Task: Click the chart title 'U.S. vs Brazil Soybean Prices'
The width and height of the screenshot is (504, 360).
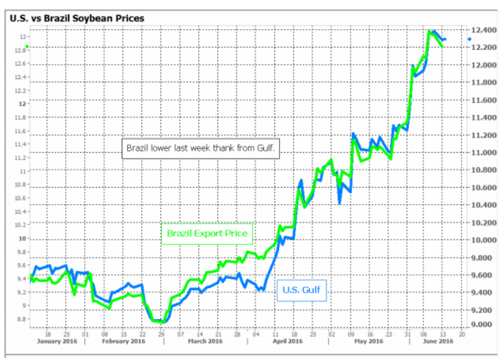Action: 77,18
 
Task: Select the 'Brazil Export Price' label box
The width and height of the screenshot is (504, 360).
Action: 207,234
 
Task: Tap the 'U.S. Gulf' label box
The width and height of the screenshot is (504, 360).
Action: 301,291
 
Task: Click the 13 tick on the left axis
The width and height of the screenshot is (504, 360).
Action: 23,37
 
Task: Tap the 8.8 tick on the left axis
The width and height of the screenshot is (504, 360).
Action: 22,319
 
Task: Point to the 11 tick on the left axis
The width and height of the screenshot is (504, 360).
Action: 23,171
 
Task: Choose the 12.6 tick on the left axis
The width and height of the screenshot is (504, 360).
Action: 22,63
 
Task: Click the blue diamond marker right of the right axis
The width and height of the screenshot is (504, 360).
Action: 470,39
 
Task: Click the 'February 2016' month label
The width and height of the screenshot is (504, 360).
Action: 124,342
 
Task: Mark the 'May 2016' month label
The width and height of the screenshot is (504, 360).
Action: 370,342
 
